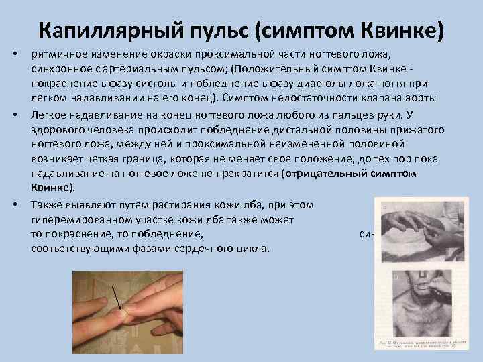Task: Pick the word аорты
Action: click(423, 99)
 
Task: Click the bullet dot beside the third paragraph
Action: click(17, 203)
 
